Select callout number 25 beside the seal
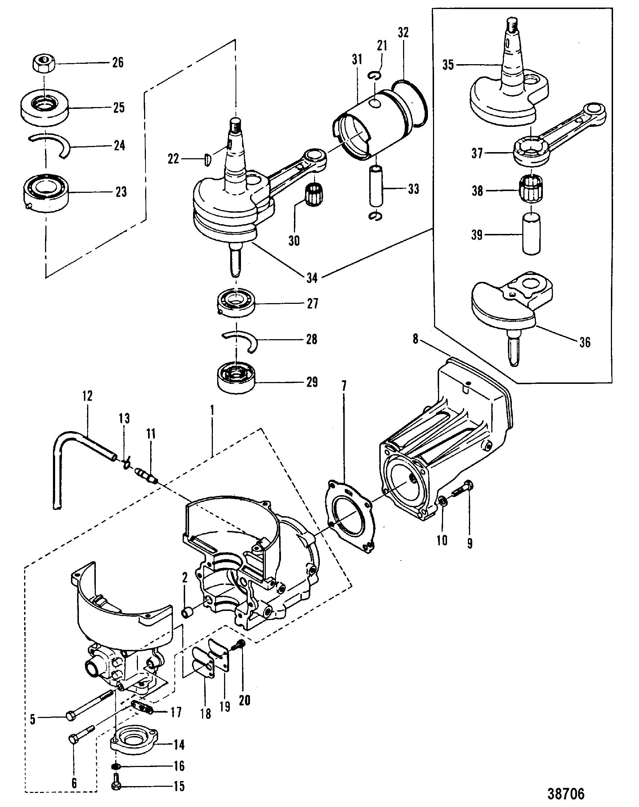coord(119,108)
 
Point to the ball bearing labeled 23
coord(46,193)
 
